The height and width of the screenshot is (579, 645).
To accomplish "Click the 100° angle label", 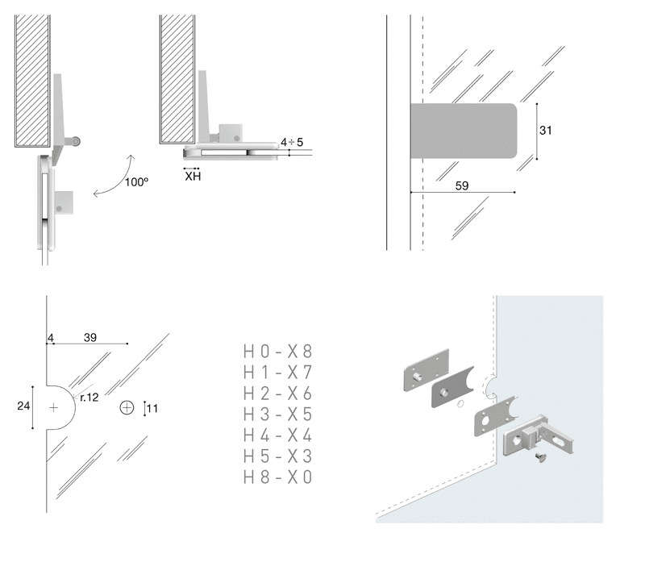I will pos(137,182).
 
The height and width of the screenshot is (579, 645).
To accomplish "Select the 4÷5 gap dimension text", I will pos(292,142).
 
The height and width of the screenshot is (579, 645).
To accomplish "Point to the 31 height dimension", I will pos(546,130).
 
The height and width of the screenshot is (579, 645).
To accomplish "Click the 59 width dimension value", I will pos(462,185).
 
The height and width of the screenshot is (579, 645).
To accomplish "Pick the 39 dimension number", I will pos(90,337).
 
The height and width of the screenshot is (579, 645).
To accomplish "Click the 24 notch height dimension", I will pos(23,406).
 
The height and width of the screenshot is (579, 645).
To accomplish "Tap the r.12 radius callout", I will pos(89,397).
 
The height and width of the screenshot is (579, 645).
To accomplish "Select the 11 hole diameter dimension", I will pos(152,408).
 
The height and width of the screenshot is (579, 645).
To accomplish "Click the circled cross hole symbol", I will pos(127,407).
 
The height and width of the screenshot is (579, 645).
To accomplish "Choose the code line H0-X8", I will pos(277,352).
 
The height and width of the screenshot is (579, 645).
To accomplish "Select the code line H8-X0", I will pos(277,477).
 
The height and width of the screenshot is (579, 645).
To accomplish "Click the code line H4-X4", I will pos(277,435).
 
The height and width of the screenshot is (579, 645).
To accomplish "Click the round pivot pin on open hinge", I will pos(75,141).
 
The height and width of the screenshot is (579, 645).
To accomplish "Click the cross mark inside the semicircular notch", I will pos(54,408).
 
